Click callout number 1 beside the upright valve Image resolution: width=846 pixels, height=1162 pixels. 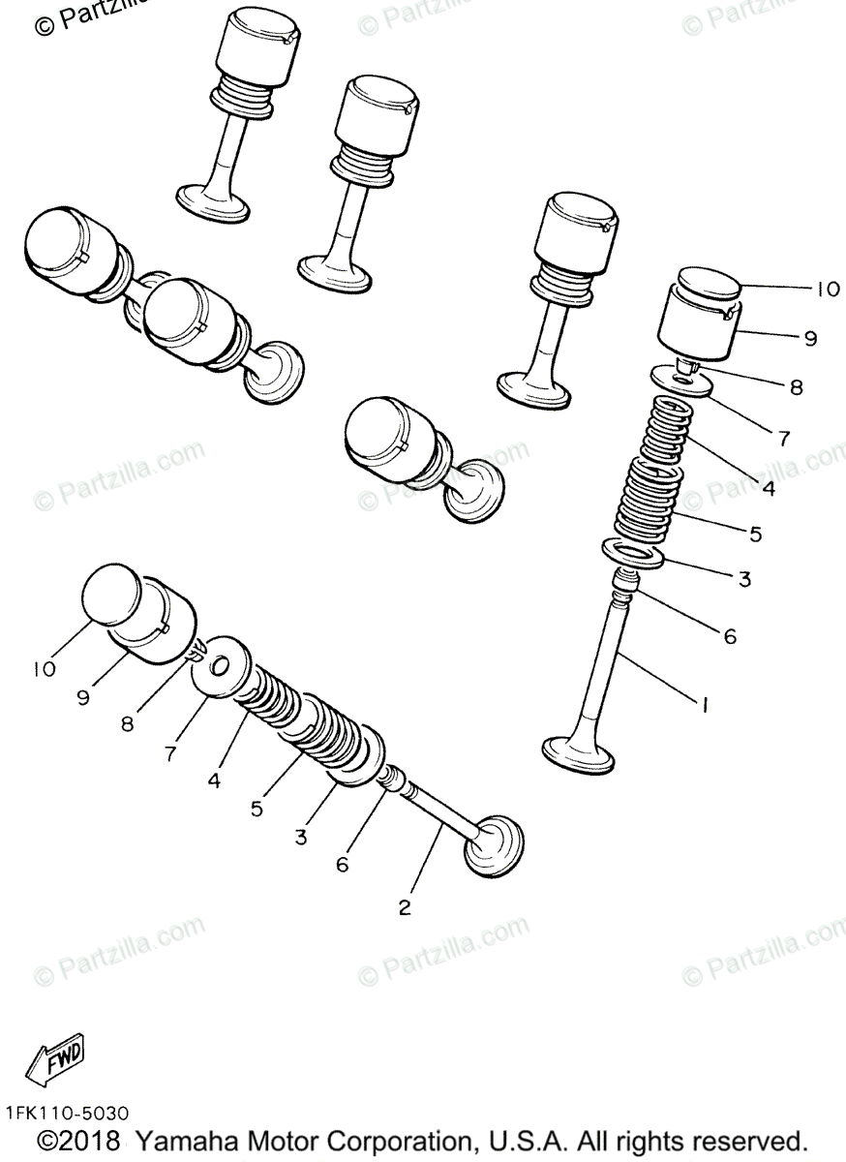704,707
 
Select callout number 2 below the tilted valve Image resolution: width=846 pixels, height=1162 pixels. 405,907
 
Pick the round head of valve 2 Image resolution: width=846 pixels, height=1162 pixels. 495,842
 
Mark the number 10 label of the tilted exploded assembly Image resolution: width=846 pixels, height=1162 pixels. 45,669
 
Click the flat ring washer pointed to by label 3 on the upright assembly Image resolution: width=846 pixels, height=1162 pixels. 632,553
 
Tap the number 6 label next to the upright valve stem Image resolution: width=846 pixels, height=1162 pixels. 730,636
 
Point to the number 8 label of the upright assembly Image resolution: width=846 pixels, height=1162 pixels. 795,387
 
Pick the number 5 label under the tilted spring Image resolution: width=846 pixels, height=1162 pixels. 257,809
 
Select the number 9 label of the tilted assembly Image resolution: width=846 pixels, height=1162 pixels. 83,696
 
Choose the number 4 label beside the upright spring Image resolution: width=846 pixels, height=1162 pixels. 768,489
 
